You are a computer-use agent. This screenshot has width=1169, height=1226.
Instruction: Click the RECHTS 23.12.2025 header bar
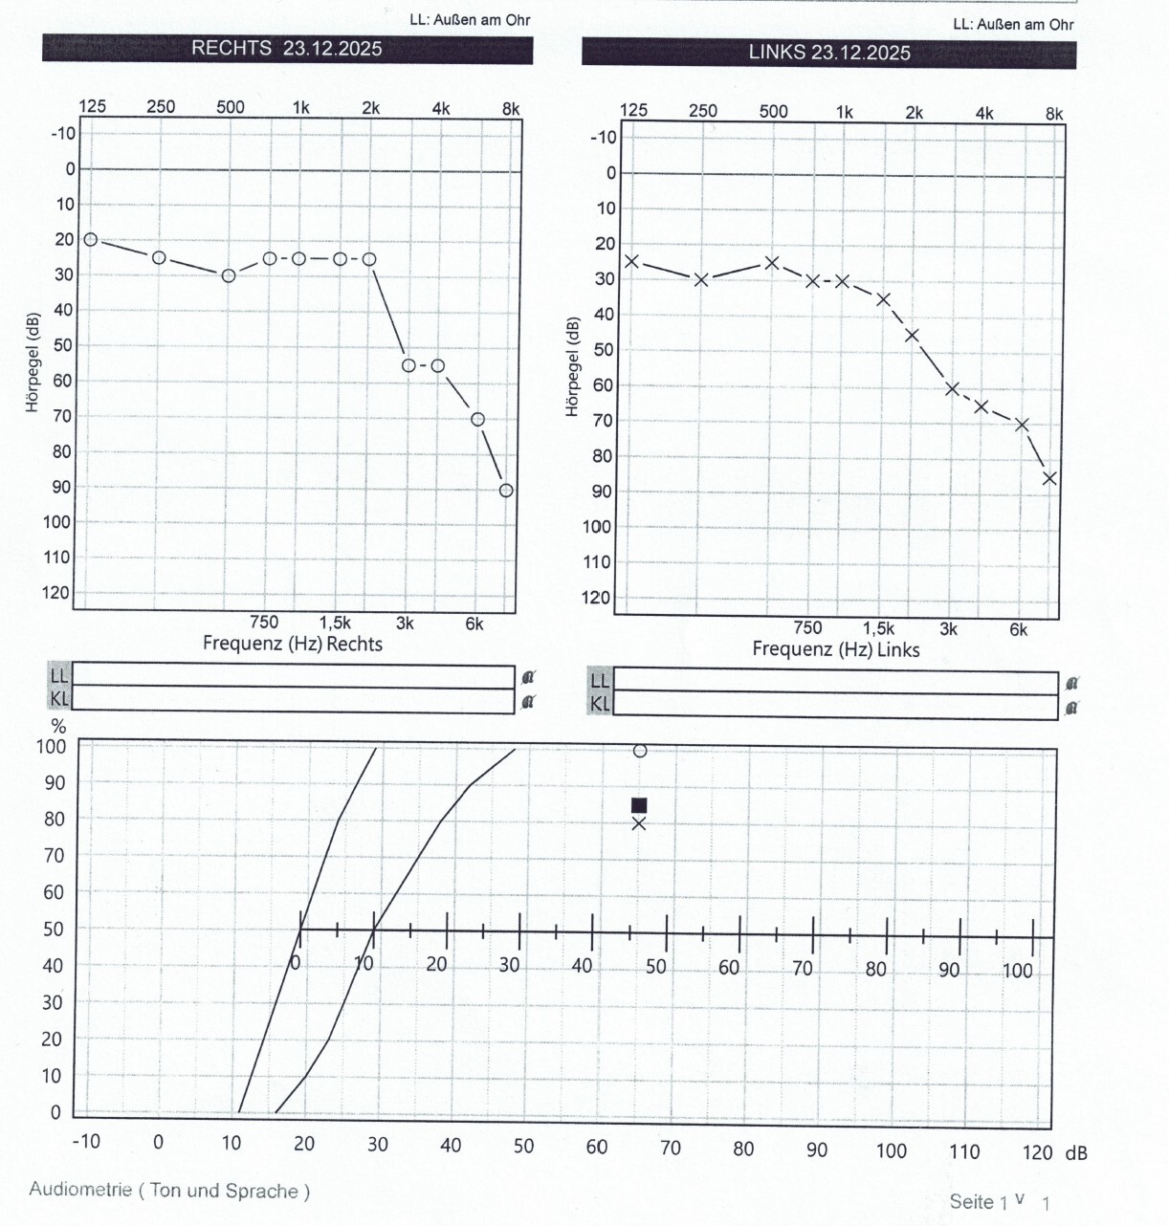pos(287,49)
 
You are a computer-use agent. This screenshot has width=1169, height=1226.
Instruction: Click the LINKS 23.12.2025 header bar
pos(828,53)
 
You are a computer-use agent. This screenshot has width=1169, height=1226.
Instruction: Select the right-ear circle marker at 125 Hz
pos(91,239)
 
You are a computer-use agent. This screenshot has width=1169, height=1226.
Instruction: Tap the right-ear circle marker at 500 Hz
pos(229,275)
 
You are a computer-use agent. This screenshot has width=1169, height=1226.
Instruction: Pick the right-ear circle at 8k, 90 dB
pos(506,491)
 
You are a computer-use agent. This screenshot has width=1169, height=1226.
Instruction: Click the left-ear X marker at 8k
pos(1049,478)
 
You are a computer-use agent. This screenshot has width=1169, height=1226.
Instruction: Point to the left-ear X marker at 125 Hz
pos(631,261)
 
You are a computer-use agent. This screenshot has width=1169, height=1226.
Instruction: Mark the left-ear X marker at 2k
pos(912,335)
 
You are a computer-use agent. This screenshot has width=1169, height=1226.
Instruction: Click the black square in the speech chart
pos(639,805)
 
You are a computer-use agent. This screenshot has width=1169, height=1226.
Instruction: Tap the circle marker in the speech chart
pos(640,751)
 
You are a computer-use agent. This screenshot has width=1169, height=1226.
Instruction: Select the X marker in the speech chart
pos(639,823)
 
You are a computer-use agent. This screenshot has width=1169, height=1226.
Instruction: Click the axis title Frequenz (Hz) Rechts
pos(292,644)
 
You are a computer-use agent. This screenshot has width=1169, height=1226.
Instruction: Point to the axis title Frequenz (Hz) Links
pos(835,649)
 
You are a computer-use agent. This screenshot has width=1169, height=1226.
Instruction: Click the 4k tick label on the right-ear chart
pos(440,108)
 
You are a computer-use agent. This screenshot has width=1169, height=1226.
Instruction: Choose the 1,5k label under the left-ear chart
pos(878,628)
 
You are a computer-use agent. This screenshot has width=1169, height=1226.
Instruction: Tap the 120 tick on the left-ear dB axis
pos(596,598)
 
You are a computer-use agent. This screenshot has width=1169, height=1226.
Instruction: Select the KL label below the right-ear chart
pos(59,699)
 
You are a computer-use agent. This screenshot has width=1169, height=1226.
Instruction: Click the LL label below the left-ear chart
pos(600,681)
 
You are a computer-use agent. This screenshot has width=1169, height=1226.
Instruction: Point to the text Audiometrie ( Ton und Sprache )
pos(169,1191)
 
